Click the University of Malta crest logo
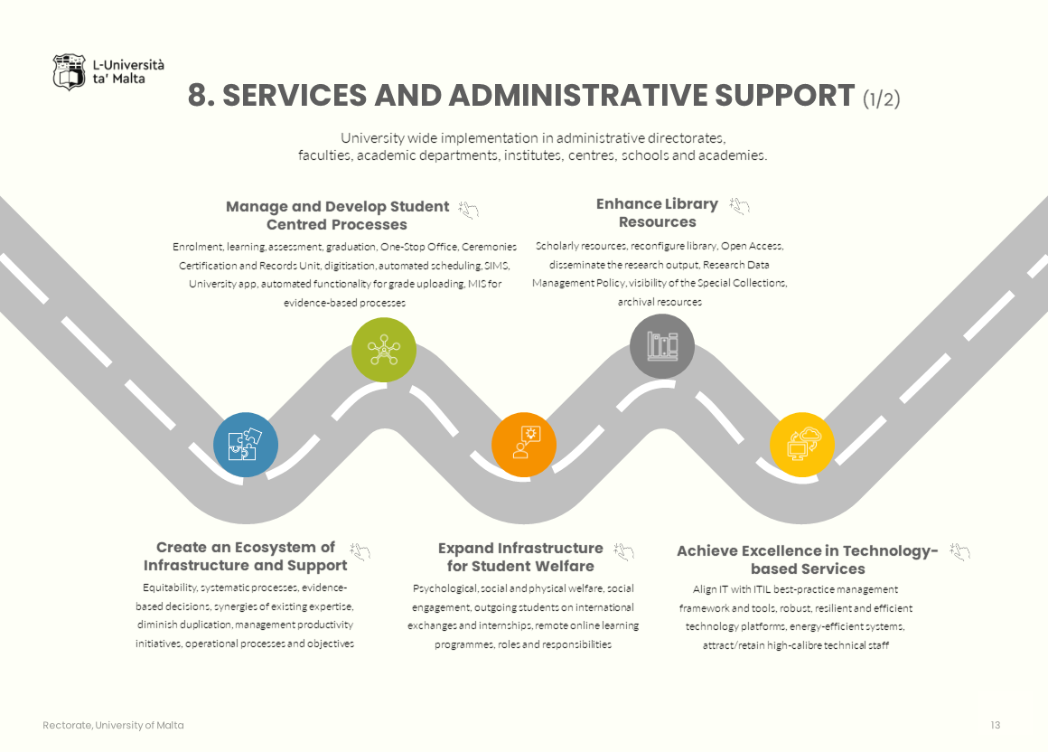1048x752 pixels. point(70,72)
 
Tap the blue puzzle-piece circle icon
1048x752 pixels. point(246,445)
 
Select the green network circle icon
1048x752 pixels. point(384,350)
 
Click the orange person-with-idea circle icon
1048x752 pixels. point(524,445)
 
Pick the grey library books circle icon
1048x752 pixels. point(662,346)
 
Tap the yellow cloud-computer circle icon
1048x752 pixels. point(802,445)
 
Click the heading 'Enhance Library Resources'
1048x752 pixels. point(657,213)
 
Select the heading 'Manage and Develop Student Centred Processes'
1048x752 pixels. point(337,215)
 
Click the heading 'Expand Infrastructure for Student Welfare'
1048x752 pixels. point(520,557)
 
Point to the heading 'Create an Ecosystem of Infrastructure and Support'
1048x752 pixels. point(245,556)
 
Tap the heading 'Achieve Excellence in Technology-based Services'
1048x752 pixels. point(808,559)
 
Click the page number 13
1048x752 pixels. point(996,725)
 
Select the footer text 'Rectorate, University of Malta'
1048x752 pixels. point(113,725)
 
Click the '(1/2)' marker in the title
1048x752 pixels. point(881,99)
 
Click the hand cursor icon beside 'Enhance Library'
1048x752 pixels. point(740,207)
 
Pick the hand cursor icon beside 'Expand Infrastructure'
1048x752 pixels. point(623,550)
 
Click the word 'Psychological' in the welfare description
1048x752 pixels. point(443,588)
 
